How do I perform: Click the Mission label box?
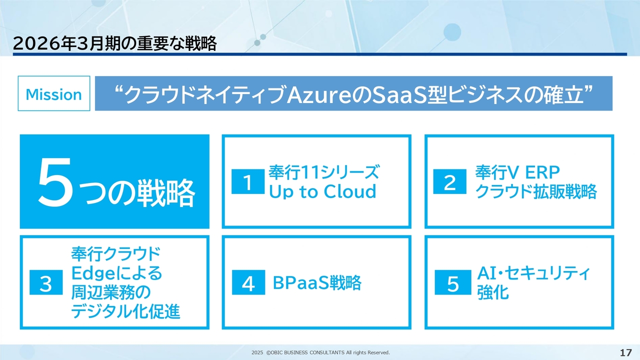[x=54, y=93]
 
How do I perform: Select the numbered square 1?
[x=248, y=181]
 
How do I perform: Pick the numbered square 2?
[x=449, y=181]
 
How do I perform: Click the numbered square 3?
[x=46, y=282]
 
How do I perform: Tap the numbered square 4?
[x=248, y=282]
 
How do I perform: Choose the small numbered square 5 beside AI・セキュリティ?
[x=453, y=282]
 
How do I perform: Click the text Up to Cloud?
[x=322, y=191]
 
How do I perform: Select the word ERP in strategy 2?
[x=542, y=172]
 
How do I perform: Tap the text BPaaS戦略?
[x=317, y=282]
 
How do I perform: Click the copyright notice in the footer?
[x=320, y=352]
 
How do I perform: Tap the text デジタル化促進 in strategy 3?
[x=125, y=311]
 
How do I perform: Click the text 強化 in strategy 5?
[x=493, y=292]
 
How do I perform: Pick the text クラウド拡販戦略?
[x=536, y=191]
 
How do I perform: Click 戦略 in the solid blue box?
[x=166, y=192]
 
